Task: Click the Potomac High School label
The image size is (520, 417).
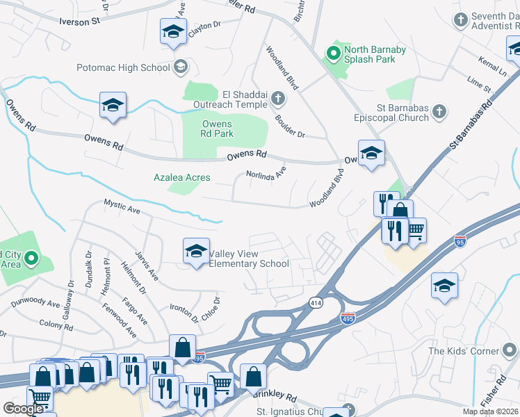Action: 123,67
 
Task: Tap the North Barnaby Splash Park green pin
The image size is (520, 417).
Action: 334,51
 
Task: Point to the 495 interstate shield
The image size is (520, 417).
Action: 348,317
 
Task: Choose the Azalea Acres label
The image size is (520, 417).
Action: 181,178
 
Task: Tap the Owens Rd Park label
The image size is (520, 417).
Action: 217,129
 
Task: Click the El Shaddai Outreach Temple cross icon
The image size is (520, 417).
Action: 277,99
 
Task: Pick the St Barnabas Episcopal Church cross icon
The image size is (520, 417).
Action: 439,111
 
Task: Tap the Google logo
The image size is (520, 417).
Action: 23,409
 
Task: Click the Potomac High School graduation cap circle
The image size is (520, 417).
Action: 181,67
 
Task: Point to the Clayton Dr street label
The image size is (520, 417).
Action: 204,24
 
